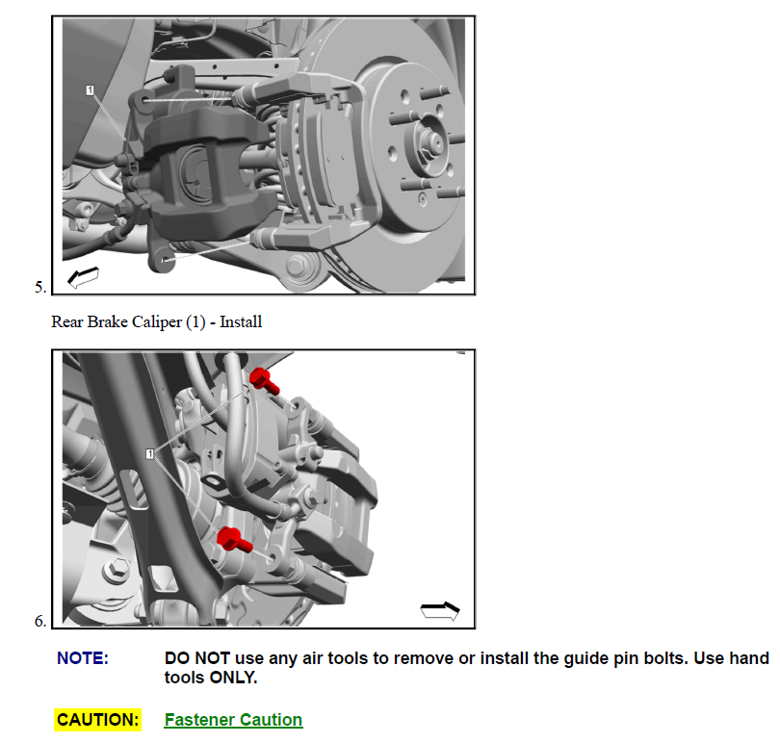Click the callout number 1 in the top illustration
point(90,90)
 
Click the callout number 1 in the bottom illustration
point(149,453)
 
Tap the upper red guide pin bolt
point(264,381)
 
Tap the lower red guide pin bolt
point(234,540)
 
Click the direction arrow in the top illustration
point(83,276)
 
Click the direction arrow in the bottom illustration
point(440,611)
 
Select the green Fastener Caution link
point(233,720)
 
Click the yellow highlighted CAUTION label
point(97,720)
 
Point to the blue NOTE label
point(83,658)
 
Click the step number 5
point(39,287)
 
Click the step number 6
point(39,621)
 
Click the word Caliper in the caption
point(157,321)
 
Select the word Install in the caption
point(241,321)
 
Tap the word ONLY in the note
point(233,678)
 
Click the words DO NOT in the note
point(197,658)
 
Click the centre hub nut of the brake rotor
point(433,142)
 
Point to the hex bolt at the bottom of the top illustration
point(298,265)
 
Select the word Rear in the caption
point(67,321)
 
